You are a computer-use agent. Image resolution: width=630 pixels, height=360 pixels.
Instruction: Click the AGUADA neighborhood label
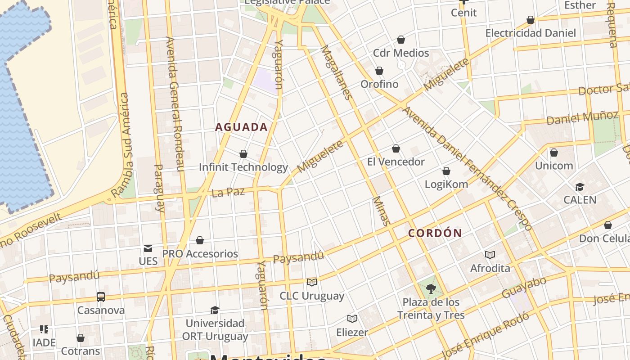point(241,127)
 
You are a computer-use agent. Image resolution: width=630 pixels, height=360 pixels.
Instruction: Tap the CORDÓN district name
point(435,233)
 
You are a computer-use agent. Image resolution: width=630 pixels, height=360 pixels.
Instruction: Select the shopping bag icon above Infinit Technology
point(243,154)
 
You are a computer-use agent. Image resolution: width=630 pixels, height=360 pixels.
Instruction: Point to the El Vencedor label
point(396,162)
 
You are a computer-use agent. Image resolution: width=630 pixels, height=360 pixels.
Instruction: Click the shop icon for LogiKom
point(446,171)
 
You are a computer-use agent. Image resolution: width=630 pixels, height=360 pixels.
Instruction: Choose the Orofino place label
point(379,84)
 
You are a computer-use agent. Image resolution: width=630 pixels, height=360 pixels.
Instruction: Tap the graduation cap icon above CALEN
point(580,187)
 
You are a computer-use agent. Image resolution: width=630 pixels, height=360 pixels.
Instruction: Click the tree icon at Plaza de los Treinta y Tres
point(431,288)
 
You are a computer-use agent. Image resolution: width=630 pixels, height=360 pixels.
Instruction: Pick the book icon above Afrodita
point(490,255)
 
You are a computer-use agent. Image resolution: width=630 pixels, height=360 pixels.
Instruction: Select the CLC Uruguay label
point(312,296)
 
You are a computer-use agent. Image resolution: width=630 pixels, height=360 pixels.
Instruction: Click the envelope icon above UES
point(148,248)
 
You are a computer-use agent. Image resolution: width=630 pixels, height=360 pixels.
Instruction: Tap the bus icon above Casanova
point(101,297)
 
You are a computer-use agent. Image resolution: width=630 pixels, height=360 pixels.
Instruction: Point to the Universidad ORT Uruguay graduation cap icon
point(215,310)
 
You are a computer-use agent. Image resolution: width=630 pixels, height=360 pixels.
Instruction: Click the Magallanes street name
point(335,72)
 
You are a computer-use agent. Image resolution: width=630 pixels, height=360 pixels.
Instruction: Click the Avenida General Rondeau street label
point(175,103)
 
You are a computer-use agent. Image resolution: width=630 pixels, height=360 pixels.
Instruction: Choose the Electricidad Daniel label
point(531,33)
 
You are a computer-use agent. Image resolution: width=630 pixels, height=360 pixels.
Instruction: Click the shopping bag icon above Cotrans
point(81,338)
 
